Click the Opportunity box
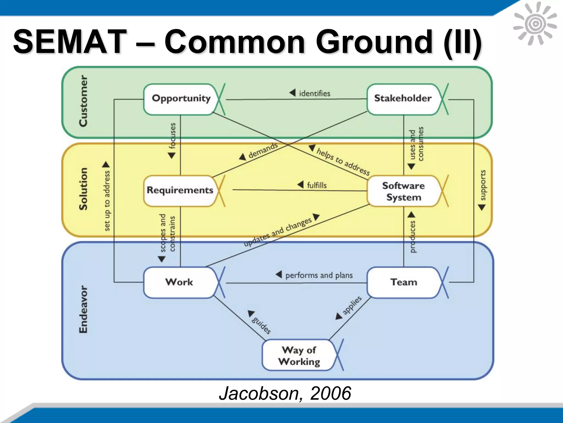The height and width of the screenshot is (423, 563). click(x=181, y=99)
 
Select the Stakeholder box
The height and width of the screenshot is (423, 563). click(x=403, y=99)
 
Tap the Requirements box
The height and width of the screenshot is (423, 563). click(x=180, y=190)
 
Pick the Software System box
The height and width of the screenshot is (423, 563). click(x=403, y=191)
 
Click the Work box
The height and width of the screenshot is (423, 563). click(x=179, y=282)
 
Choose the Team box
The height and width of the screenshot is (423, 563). click(x=404, y=282)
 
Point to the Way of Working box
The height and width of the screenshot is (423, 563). click(x=299, y=356)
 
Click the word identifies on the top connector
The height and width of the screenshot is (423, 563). click(x=314, y=94)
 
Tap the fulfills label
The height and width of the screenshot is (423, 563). click(x=317, y=185)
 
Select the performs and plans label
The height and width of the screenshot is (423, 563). click(x=319, y=275)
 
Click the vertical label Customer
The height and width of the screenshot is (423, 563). click(x=83, y=101)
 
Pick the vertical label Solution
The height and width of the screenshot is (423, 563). click(x=83, y=189)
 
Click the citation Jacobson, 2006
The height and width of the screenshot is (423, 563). click(x=285, y=393)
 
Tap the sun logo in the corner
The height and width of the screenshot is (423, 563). click(x=535, y=24)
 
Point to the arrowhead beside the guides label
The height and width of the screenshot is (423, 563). click(x=251, y=313)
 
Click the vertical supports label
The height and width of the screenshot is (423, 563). click(x=483, y=185)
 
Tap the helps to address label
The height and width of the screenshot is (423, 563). click(x=343, y=161)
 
